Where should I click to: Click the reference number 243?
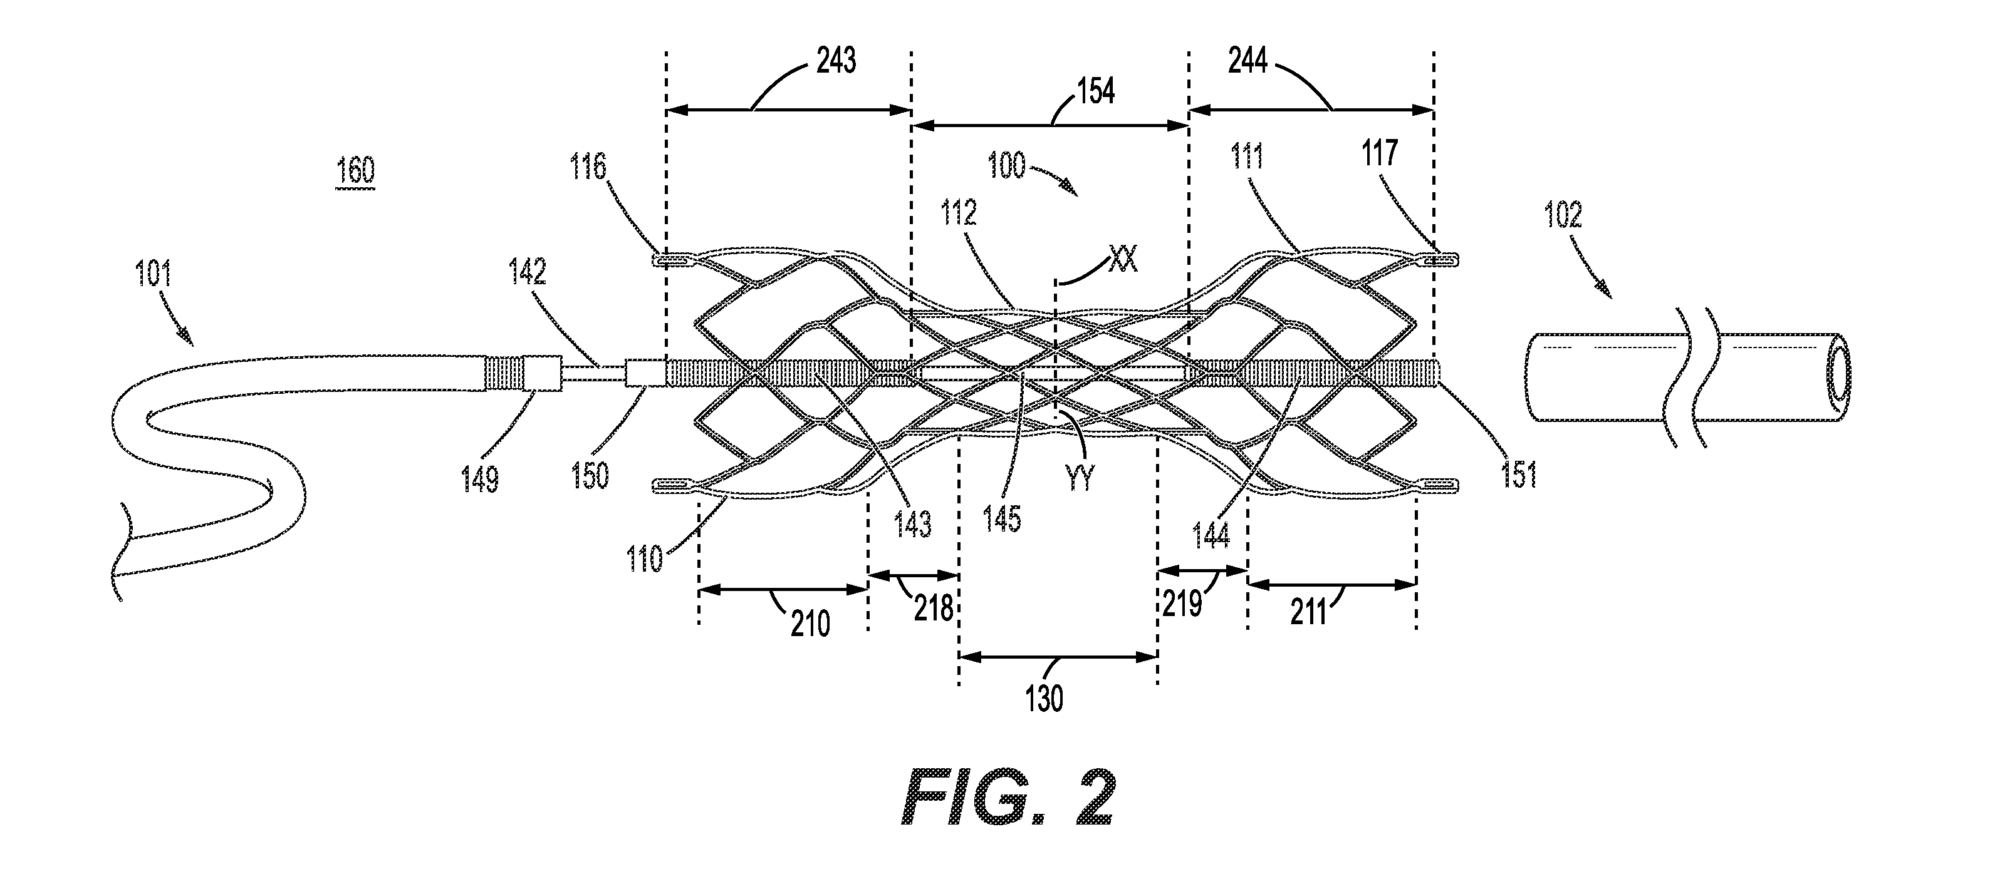click(x=836, y=61)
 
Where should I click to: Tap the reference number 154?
click(x=1095, y=91)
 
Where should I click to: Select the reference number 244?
click(x=1247, y=61)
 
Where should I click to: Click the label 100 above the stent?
click(x=1007, y=166)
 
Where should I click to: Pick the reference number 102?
click(x=1563, y=215)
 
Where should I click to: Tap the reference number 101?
click(x=153, y=274)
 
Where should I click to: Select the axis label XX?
click(x=1123, y=259)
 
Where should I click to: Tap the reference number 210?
click(x=811, y=624)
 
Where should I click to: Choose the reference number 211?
click(x=1309, y=613)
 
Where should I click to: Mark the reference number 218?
click(x=933, y=609)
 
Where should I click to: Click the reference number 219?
click(x=1182, y=603)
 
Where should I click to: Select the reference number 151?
click(x=1519, y=475)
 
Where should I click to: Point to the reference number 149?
click(x=479, y=480)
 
